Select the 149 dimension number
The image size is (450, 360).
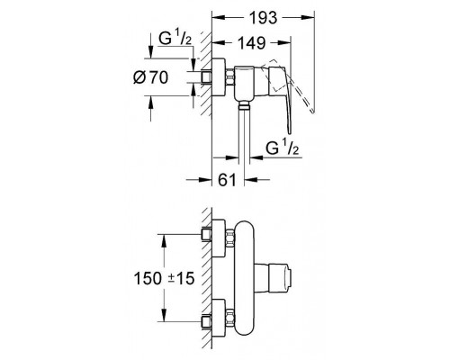249,41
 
